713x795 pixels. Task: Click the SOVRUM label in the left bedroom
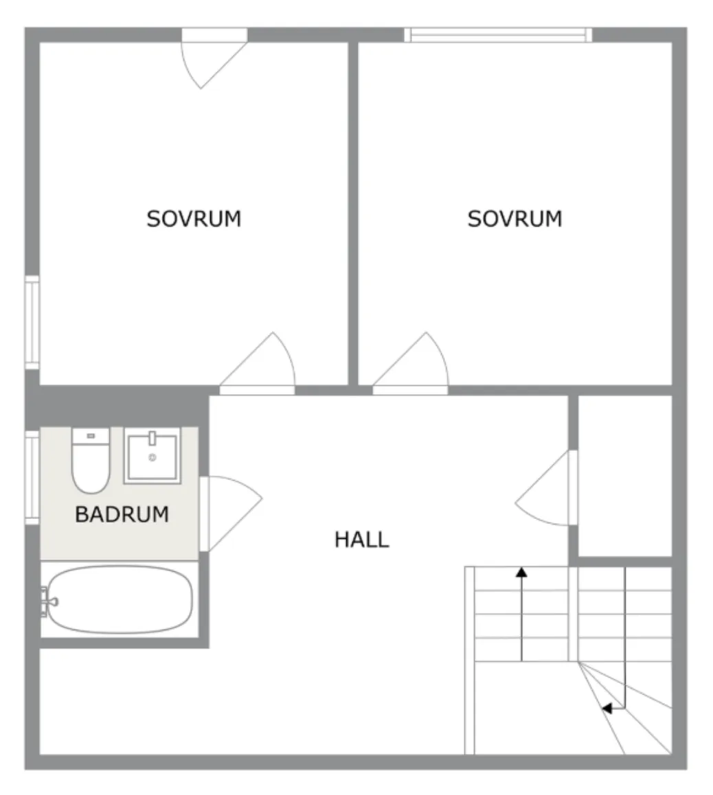tap(194, 219)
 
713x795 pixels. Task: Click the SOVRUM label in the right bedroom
tap(514, 219)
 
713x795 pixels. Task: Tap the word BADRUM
tap(122, 514)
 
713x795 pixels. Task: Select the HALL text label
tap(362, 540)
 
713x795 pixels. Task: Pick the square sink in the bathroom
tap(152, 456)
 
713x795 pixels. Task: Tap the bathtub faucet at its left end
tap(49, 601)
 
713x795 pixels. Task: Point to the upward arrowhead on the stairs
tap(521, 571)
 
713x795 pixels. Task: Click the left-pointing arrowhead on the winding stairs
tap(607, 708)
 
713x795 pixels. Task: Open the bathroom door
tap(232, 511)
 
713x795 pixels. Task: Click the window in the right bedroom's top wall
tap(498, 35)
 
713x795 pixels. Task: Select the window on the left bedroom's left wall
tap(32, 323)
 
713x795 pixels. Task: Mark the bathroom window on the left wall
tap(32, 476)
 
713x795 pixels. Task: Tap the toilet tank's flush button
tap(91, 436)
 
